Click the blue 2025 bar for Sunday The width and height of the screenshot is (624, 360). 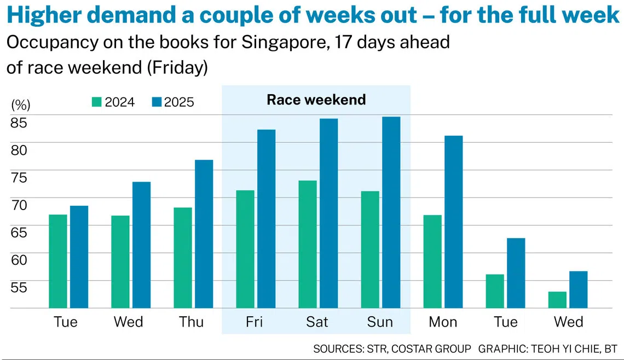point(391,212)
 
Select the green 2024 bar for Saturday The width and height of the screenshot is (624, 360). point(308,244)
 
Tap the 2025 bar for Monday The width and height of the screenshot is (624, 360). point(454,222)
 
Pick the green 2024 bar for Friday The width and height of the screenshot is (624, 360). point(245,249)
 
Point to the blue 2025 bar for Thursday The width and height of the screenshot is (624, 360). point(204,234)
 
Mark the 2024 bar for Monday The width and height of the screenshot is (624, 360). point(432,262)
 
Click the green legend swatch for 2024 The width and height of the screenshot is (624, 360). point(97,102)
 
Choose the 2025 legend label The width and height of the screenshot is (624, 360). point(179,102)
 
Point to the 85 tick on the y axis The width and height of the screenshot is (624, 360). point(19,123)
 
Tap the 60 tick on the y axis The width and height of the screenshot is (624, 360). point(19,260)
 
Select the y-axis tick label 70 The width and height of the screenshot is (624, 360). point(19,205)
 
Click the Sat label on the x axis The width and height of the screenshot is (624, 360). point(317,322)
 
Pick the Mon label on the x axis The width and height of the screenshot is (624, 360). point(443,322)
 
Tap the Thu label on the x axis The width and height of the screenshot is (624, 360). point(191,322)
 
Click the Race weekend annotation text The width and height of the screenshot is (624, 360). point(316,100)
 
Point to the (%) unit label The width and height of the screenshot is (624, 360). point(21,105)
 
